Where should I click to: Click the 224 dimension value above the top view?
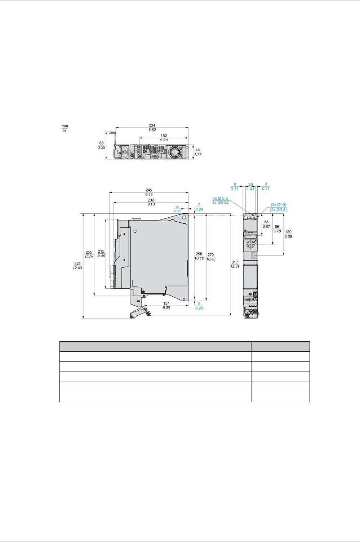pyautogui.click(x=152, y=125)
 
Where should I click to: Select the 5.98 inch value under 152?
pyautogui.click(x=164, y=140)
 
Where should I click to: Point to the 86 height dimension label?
pyautogui.click(x=101, y=143)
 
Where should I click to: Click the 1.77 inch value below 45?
pyautogui.click(x=198, y=154)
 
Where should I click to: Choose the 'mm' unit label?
pyautogui.click(x=65, y=126)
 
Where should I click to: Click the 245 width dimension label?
pyautogui.click(x=149, y=190)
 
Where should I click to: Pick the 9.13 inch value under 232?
pyautogui.click(x=151, y=204)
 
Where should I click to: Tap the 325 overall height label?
pyautogui.click(x=77, y=263)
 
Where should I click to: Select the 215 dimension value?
pyautogui.click(x=101, y=252)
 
